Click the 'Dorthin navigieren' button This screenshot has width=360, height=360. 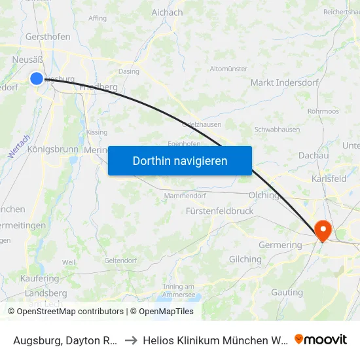[180, 160]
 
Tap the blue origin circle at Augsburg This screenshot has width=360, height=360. [37, 79]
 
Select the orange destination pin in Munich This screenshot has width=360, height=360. [323, 230]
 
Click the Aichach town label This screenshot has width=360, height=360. [167, 12]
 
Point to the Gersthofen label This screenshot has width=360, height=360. [48, 37]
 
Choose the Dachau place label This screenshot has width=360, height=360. [313, 155]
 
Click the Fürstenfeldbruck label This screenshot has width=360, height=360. [219, 211]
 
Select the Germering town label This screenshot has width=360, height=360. [281, 245]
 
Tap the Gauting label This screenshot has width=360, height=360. [287, 292]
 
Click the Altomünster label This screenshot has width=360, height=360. [228, 69]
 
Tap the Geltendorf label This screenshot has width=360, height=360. [119, 260]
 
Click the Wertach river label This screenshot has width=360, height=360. [20, 146]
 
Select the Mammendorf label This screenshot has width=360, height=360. [184, 195]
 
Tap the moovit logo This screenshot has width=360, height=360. [320, 339]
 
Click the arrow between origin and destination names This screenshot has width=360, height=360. [130, 340]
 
